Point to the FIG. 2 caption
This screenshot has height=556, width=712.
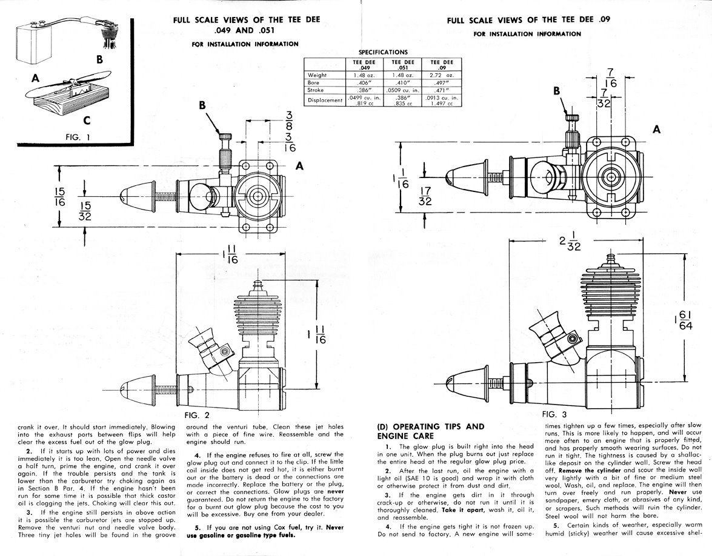pos(197,415)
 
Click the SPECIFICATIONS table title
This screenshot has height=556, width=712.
pos(384,52)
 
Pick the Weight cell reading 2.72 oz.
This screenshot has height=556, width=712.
pos(442,74)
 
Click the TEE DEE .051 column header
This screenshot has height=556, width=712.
pos(402,64)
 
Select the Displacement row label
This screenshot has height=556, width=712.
pos(325,100)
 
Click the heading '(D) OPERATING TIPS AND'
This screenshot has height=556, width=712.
pos(431,426)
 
